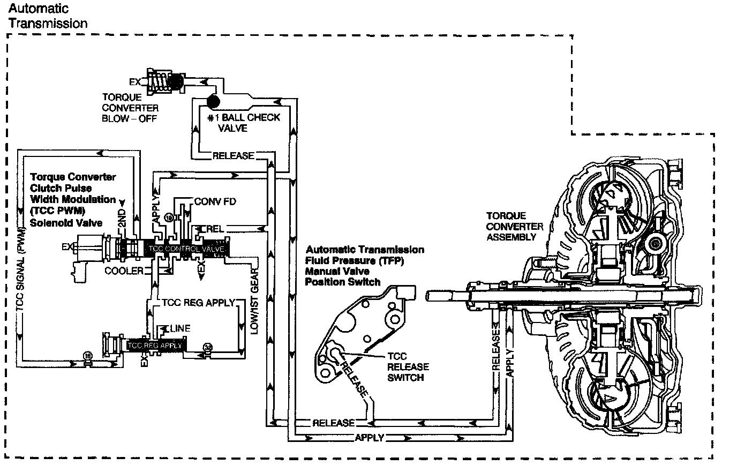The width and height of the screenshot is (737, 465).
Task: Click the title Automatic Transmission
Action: click(x=47, y=16)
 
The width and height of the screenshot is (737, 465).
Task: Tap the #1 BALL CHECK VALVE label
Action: click(x=244, y=123)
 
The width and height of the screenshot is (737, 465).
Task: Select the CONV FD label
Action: click(x=214, y=202)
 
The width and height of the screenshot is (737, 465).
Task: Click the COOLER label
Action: click(x=124, y=271)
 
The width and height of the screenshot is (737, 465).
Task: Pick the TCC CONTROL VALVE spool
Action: click(x=188, y=249)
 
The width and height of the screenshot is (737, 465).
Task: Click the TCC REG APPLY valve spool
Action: click(x=155, y=346)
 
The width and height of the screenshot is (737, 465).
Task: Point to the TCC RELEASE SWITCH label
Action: click(x=408, y=366)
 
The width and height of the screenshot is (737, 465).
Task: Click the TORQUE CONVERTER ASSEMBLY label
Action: click(x=514, y=227)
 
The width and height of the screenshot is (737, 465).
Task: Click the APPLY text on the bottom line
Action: click(x=370, y=438)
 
